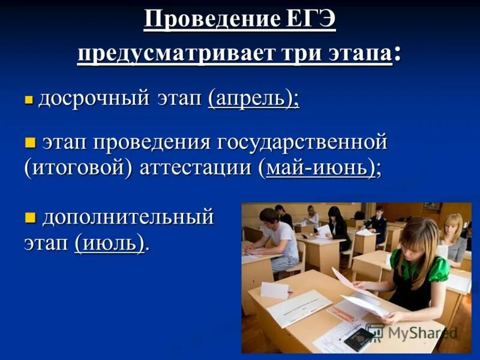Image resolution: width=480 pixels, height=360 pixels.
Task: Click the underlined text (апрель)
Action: point(253,98)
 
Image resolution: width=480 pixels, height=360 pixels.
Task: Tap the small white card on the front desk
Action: point(275,291)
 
